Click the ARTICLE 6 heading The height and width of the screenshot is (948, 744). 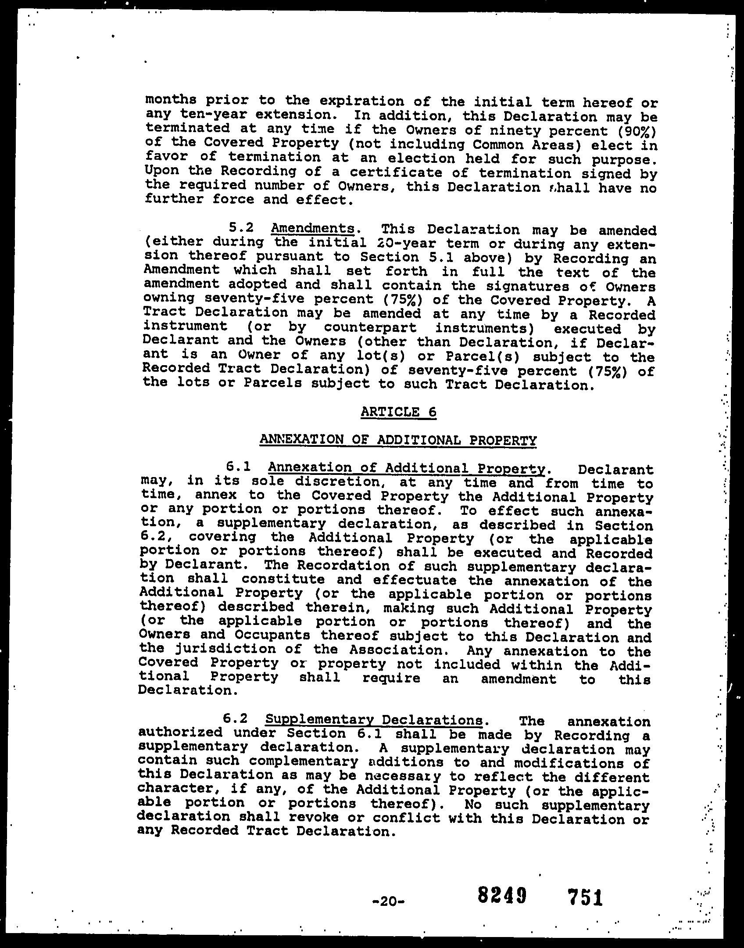pos(398,412)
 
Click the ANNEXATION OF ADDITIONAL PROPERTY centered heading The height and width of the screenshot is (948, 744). pos(398,440)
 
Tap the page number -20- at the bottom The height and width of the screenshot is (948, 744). pos(390,901)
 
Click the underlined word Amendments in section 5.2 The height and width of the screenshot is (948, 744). pos(313,228)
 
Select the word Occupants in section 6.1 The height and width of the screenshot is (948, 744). pos(273,635)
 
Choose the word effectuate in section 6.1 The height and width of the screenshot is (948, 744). pos(415,580)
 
